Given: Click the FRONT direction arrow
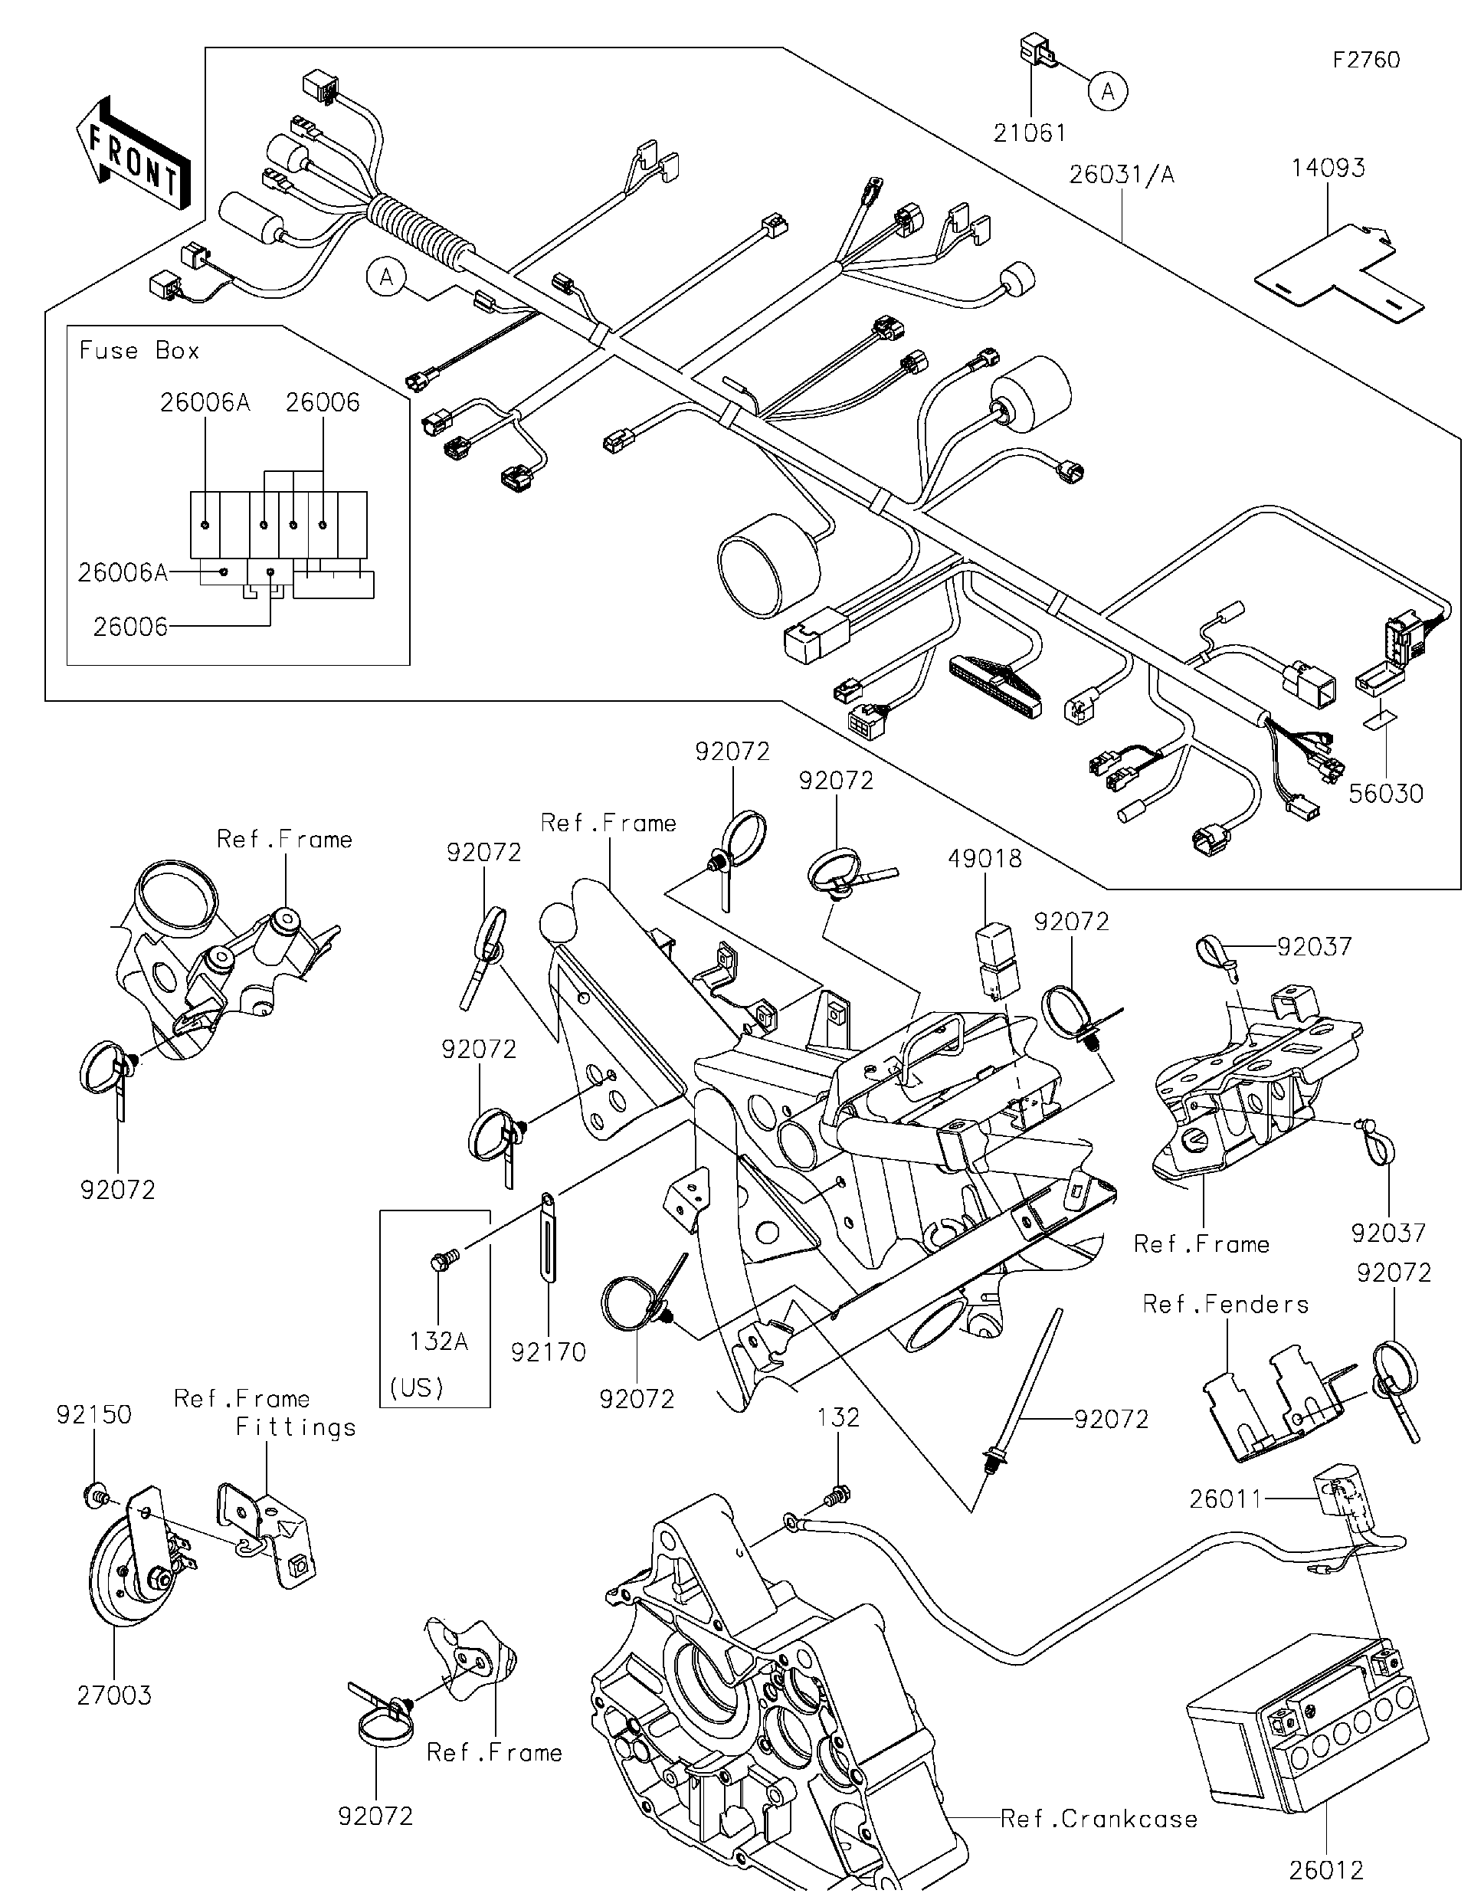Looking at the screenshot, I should coord(135,155).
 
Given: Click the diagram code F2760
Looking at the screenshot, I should coord(1366,60).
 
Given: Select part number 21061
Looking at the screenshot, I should coord(1030,133).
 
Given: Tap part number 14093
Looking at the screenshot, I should coord(1328,168).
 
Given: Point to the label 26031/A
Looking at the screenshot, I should coord(1122,175).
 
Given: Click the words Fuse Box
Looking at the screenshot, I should coord(139,351).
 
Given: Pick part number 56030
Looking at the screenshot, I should coord(1386,794).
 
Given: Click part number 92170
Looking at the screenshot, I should coord(548,1352).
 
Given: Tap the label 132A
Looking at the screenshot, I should coord(438,1341).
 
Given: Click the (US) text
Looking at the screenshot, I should coord(417,1387).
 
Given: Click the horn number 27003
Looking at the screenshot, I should coord(114,1695).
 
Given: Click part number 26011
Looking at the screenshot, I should coord(1225,1499).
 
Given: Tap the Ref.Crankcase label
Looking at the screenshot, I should coord(1099,1818).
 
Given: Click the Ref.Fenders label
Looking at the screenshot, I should coord(1225,1304).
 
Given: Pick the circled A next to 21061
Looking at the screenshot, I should coord(1107,90).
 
